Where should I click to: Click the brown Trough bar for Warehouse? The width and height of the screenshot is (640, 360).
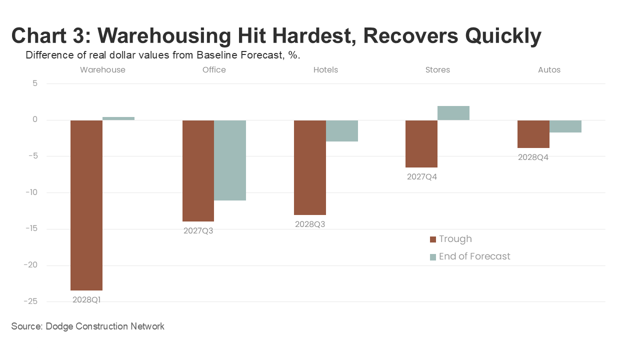86,205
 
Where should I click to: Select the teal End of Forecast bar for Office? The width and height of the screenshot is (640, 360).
230,160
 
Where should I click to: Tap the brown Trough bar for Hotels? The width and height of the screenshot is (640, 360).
310,167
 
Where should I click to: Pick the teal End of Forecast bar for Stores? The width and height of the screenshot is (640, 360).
453,113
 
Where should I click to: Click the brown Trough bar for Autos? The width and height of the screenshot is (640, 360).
533,134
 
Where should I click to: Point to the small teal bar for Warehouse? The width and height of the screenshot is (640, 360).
118,118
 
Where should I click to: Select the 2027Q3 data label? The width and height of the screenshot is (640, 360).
198,231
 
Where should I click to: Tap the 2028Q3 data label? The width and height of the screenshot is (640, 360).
310,224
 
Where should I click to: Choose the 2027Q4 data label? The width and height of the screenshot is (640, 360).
422,176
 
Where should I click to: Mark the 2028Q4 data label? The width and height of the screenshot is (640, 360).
533,157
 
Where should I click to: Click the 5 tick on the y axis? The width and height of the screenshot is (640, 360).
35,83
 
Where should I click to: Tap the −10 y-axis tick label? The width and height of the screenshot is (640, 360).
31,192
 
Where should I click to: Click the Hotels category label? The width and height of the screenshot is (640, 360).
325,70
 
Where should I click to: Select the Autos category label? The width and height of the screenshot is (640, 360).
549,70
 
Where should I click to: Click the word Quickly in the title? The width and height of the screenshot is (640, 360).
503,36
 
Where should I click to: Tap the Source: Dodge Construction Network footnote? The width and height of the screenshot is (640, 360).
87,326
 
